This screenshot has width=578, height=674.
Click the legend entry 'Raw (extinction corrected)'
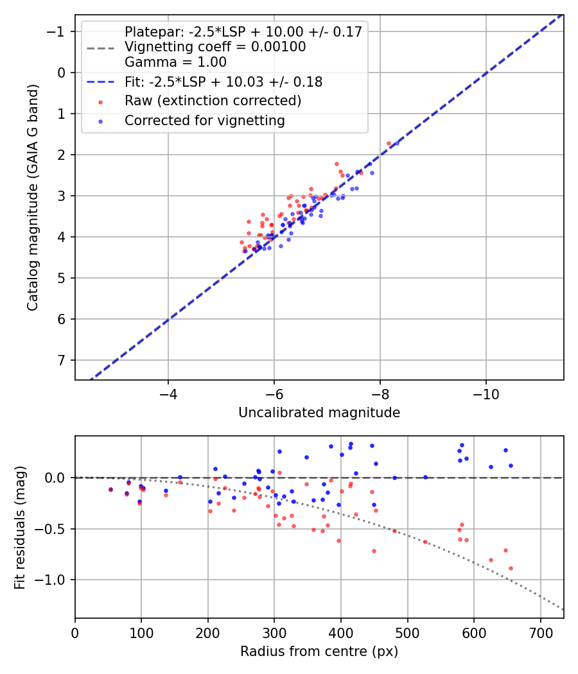[x=213, y=101]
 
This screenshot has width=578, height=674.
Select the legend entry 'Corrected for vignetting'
[x=204, y=120]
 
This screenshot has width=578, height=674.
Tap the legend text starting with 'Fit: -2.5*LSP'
[x=223, y=82]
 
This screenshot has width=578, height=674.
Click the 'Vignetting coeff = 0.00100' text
[x=215, y=47]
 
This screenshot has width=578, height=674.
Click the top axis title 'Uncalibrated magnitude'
[x=319, y=413]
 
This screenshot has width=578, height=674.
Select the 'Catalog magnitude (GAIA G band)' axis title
[x=33, y=196]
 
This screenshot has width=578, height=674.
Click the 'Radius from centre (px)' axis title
[x=319, y=652]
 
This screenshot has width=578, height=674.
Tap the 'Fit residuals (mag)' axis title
[x=20, y=527]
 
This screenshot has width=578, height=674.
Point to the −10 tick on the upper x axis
[x=486, y=392]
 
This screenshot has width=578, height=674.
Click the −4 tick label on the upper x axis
[x=168, y=392]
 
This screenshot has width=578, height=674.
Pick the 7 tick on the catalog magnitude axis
[x=62, y=360]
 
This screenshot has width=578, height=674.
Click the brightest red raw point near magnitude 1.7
[x=389, y=144]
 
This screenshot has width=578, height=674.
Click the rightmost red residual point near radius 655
[x=511, y=568]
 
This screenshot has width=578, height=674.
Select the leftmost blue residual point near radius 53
[x=110, y=489]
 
